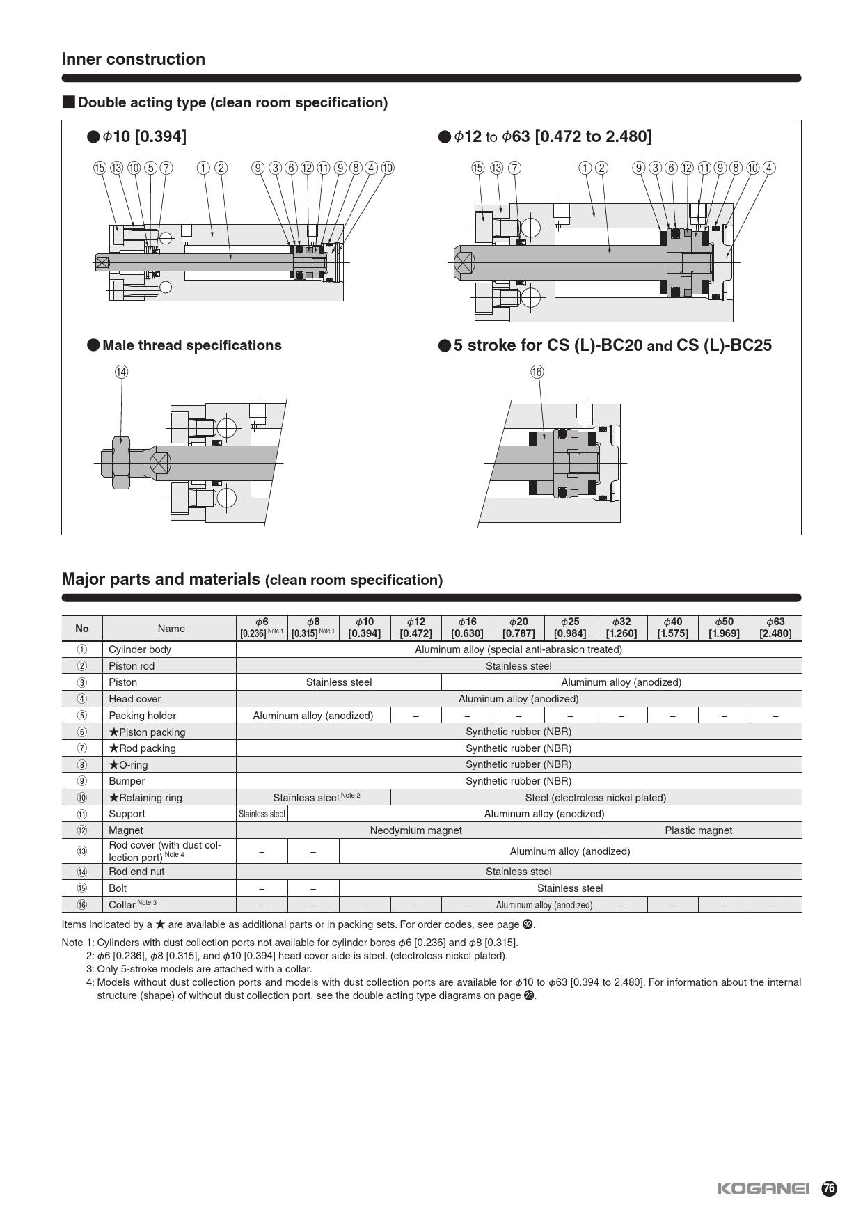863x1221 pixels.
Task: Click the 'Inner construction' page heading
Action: [134, 59]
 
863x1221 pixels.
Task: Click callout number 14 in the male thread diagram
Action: [122, 372]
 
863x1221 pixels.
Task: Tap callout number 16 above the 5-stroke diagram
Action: [537, 372]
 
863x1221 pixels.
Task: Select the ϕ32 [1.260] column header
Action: [621, 627]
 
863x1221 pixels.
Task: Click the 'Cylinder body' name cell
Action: [140, 649]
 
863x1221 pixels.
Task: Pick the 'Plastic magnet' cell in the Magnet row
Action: [698, 830]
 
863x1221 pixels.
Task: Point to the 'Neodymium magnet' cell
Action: [415, 830]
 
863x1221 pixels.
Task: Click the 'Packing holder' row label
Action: [143, 716]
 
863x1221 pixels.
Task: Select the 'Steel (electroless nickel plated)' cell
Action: [595, 798]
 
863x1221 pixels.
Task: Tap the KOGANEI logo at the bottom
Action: [763, 1188]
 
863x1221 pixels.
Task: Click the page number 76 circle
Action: [829, 1188]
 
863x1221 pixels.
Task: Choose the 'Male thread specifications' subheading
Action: [191, 345]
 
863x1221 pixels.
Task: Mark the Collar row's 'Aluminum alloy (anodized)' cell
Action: [544, 905]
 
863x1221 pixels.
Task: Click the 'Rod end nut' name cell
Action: [136, 872]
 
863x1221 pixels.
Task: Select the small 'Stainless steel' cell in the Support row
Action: [262, 814]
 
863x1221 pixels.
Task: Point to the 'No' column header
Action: [82, 628]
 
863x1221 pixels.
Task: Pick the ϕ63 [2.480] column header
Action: [775, 627]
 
